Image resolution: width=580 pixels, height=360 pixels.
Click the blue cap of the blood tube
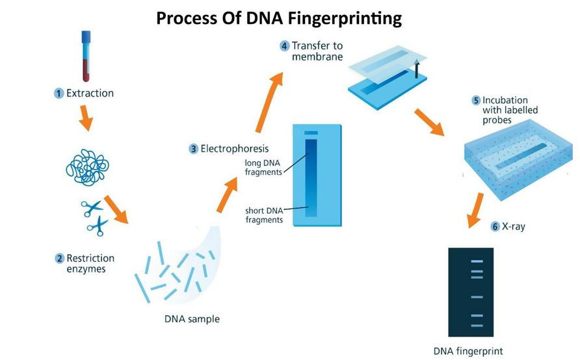(86, 36)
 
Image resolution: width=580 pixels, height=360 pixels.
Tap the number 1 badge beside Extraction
(59, 93)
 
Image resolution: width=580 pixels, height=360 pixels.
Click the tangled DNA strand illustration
(87, 167)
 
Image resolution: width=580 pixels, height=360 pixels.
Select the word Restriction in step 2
(90, 258)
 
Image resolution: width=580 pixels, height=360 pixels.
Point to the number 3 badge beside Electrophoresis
(194, 149)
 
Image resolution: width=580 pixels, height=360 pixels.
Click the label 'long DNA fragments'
(263, 168)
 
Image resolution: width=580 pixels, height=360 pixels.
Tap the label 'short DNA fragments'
(264, 215)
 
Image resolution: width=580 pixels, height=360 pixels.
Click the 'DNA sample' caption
(192, 319)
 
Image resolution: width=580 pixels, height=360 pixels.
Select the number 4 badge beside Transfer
(284, 46)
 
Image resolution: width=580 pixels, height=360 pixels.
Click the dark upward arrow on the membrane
(417, 68)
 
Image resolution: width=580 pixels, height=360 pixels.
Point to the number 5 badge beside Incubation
(476, 100)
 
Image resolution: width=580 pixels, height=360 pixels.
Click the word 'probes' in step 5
(497, 120)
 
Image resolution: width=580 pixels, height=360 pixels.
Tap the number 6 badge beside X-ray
(495, 226)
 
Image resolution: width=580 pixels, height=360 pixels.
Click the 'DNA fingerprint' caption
(468, 351)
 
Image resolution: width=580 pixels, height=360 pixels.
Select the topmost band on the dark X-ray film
(477, 261)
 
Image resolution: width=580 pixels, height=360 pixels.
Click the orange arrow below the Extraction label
(86, 118)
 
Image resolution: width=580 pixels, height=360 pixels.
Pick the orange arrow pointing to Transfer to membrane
(269, 102)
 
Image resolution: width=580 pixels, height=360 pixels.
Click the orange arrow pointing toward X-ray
(475, 211)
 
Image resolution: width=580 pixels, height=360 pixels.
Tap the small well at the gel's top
(311, 133)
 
